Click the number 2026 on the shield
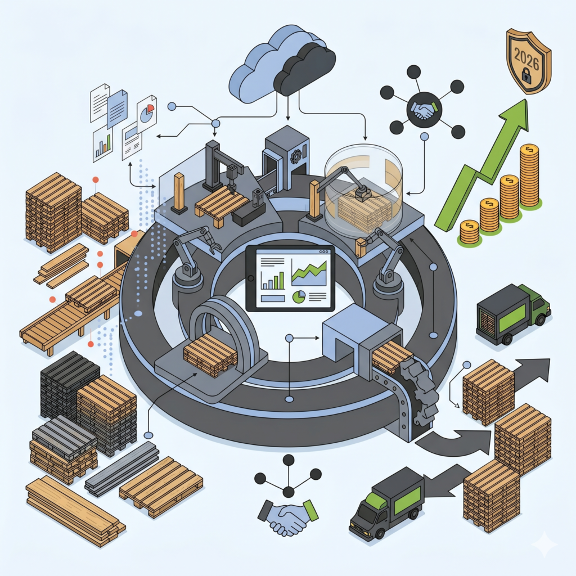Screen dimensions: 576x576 pyautogui.click(x=526, y=58)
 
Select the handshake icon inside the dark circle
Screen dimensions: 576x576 pyautogui.click(x=424, y=109)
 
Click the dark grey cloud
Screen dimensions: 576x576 pyautogui.click(x=305, y=70)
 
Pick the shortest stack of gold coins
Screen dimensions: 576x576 pyautogui.click(x=469, y=231)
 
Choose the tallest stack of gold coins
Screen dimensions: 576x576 pyautogui.click(x=529, y=175)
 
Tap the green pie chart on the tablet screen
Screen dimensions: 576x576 pyautogui.click(x=299, y=296)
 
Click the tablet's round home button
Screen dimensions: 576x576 pyautogui.click(x=251, y=278)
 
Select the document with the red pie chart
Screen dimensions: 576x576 pyautogui.click(x=147, y=113)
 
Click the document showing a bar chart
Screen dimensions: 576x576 pyautogui.click(x=102, y=144)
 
